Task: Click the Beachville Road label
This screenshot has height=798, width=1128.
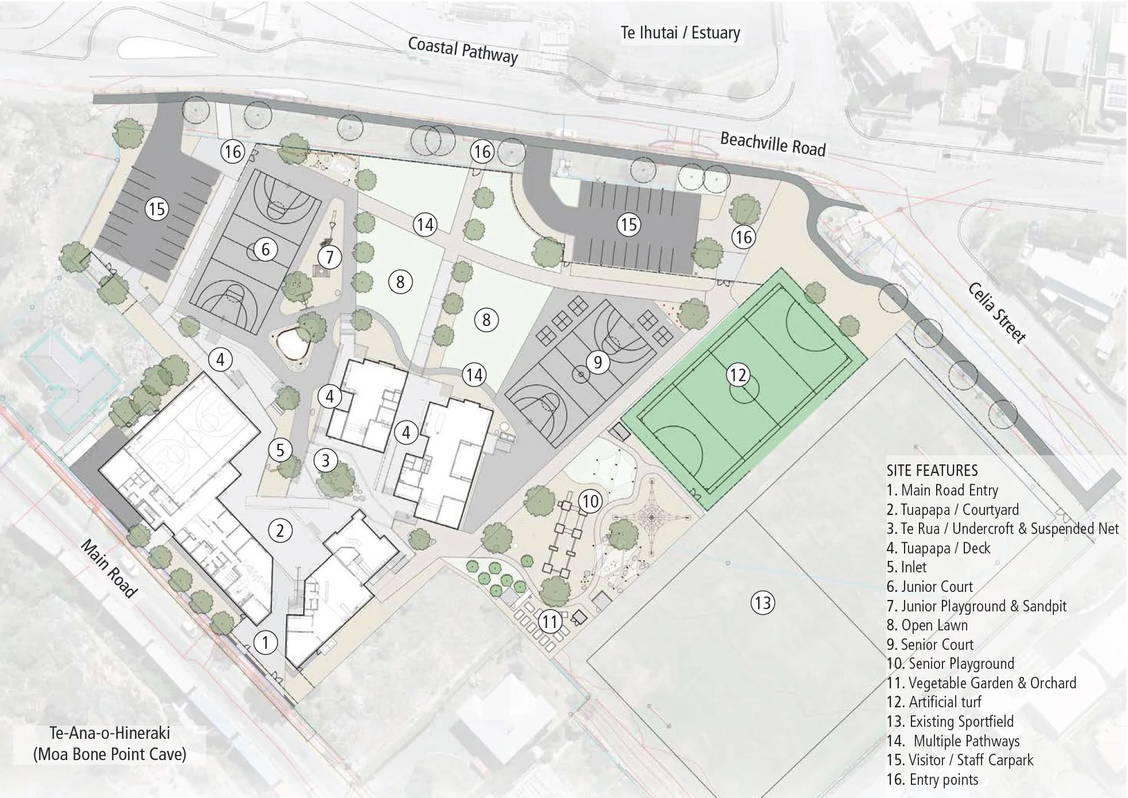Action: (x=772, y=144)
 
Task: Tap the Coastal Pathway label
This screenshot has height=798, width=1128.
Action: (x=463, y=50)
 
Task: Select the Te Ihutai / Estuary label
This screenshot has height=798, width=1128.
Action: (x=680, y=33)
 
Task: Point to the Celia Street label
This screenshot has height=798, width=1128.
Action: (x=996, y=313)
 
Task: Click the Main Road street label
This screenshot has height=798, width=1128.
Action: (x=109, y=568)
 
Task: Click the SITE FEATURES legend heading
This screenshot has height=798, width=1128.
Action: (x=932, y=471)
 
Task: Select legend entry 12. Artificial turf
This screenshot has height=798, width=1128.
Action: (x=934, y=702)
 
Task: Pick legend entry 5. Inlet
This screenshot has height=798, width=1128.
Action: (x=906, y=567)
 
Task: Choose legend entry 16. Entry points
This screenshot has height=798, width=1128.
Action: (x=932, y=780)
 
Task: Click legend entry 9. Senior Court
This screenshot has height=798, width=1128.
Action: (x=930, y=644)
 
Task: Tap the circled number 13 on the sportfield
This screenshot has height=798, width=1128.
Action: (x=763, y=603)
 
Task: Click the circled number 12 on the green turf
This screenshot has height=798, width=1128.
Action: (x=738, y=375)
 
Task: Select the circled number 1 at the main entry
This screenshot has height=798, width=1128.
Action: (x=265, y=642)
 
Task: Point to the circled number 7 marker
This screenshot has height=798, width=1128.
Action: (x=330, y=257)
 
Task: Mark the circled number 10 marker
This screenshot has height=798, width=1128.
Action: (x=590, y=502)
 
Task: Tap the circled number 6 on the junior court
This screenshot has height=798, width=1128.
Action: (x=265, y=250)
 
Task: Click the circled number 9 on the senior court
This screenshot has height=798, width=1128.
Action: (x=598, y=362)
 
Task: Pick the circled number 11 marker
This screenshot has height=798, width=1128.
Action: (x=550, y=621)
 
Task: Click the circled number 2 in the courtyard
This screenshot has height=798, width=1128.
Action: (x=280, y=530)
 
